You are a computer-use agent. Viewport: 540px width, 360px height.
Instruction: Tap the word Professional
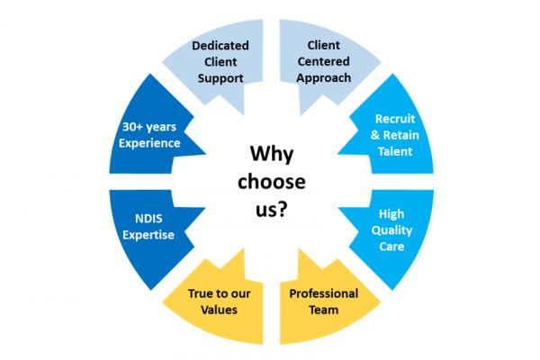(323, 294)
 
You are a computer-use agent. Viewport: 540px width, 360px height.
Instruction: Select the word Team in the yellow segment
(323, 310)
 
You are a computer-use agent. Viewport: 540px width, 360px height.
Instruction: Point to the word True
(202, 294)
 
